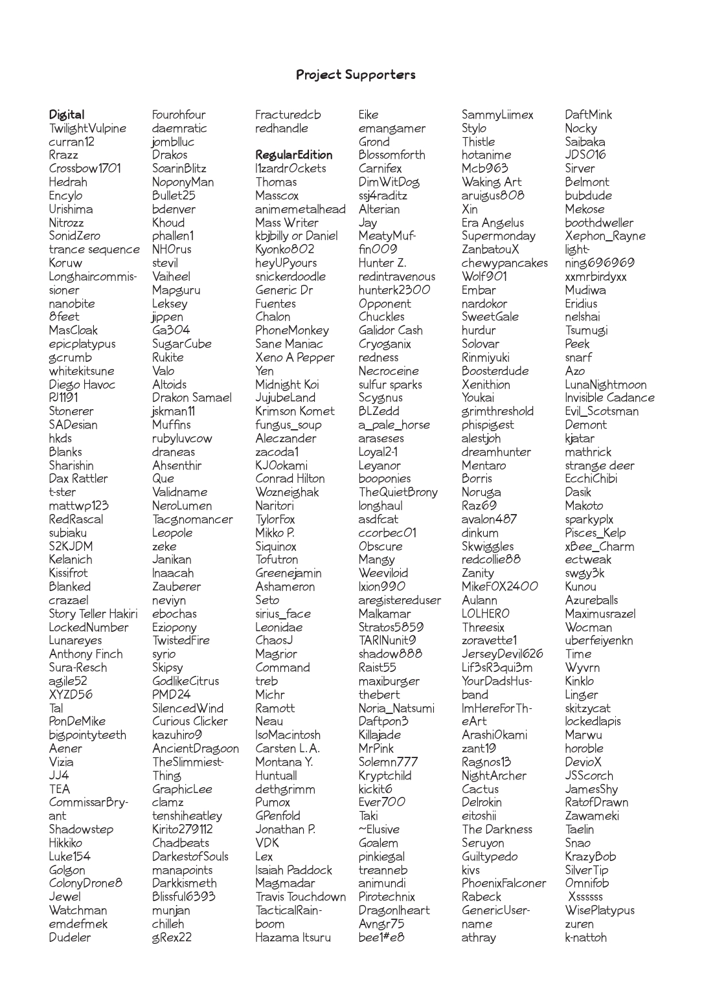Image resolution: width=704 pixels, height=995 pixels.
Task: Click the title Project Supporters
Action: click(356, 75)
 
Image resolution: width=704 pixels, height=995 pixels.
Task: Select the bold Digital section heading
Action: click(67, 115)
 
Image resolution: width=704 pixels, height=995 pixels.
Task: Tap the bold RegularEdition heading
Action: click(293, 155)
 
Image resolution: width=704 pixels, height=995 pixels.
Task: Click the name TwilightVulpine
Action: click(87, 129)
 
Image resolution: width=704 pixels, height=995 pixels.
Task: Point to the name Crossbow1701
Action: click(85, 169)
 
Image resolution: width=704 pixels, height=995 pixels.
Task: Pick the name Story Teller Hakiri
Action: click(93, 614)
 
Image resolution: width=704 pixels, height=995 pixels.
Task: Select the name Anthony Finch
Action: click(85, 654)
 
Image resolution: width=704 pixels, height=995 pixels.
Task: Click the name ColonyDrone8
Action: click(85, 884)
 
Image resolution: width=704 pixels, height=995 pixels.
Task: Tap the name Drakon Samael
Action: click(192, 398)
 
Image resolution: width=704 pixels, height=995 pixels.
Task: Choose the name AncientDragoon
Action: click(196, 749)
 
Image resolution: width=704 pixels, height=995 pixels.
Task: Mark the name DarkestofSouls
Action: click(190, 856)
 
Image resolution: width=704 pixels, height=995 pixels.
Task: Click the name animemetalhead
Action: click(301, 210)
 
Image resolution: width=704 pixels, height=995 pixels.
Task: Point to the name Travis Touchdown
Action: click(301, 897)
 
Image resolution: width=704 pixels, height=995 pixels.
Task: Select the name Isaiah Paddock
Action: click(293, 870)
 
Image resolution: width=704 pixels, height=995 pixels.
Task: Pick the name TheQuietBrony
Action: click(398, 493)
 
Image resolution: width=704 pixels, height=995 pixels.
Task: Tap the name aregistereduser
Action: click(400, 601)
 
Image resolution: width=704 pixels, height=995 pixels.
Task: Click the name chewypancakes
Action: click(505, 263)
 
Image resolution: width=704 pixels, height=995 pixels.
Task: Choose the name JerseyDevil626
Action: click(503, 654)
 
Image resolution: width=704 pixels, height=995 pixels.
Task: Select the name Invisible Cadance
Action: click(609, 398)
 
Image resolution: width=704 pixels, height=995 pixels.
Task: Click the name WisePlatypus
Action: click(600, 911)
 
